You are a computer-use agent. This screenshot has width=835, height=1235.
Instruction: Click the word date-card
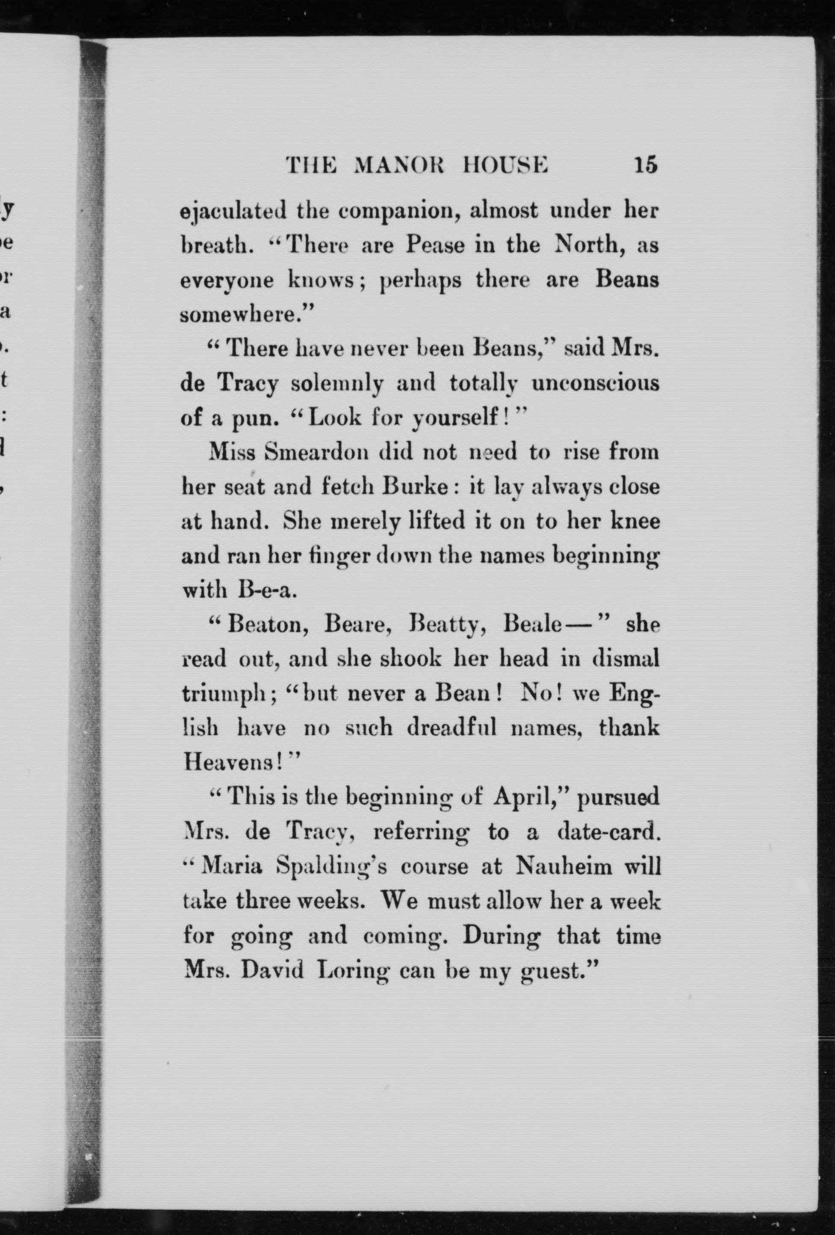coord(609,831)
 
